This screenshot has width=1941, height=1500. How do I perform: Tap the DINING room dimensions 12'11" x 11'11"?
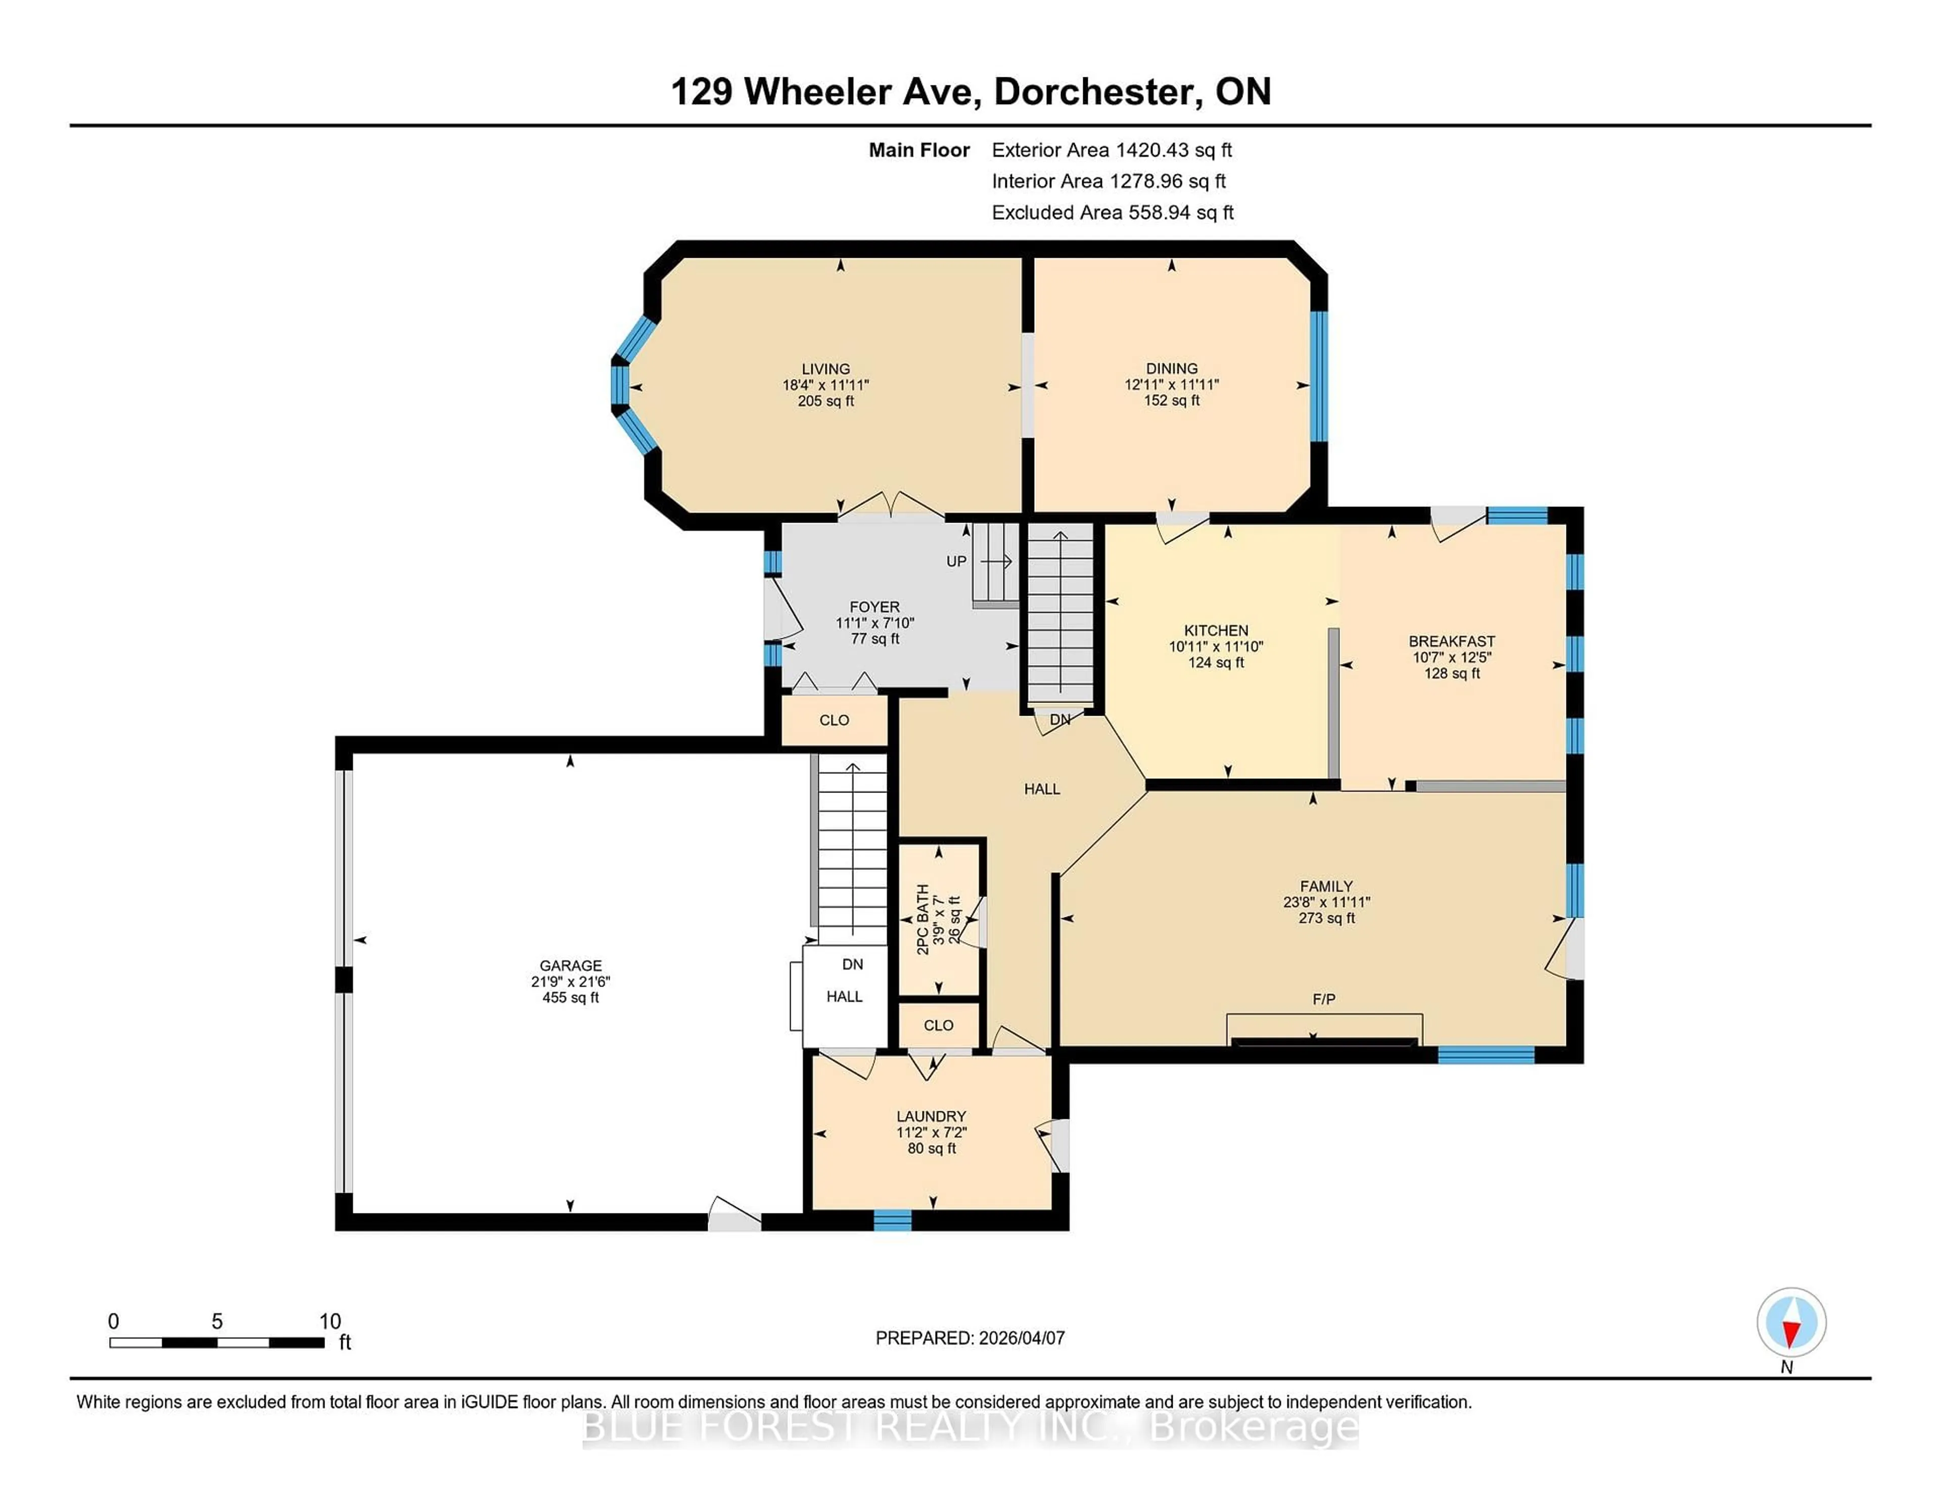(x=1171, y=385)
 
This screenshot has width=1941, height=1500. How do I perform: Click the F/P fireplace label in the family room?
(x=1323, y=999)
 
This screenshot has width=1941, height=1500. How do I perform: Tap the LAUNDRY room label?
(x=931, y=1116)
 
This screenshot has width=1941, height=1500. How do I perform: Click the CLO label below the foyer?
(x=834, y=720)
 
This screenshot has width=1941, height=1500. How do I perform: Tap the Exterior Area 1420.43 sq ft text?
(x=1112, y=150)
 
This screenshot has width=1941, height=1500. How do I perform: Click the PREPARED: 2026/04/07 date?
(x=969, y=1337)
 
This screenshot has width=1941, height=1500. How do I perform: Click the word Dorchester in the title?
(x=1093, y=91)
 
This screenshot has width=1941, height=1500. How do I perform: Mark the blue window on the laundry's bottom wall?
(x=892, y=1220)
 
